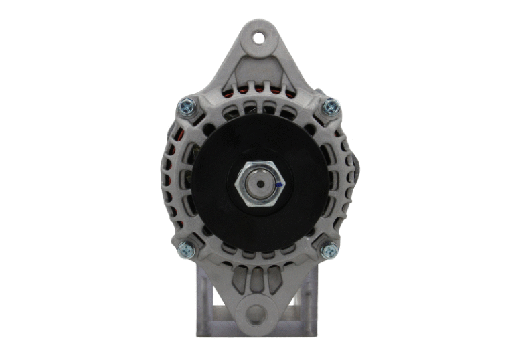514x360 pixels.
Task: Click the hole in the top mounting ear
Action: tap(258, 33)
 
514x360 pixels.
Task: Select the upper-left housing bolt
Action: tap(186, 105)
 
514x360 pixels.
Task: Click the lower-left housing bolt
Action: tap(186, 250)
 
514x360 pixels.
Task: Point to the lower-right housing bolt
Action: tap(329, 251)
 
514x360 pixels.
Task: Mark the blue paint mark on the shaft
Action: tap(278, 183)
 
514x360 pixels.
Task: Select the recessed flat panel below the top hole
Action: tap(258, 67)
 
